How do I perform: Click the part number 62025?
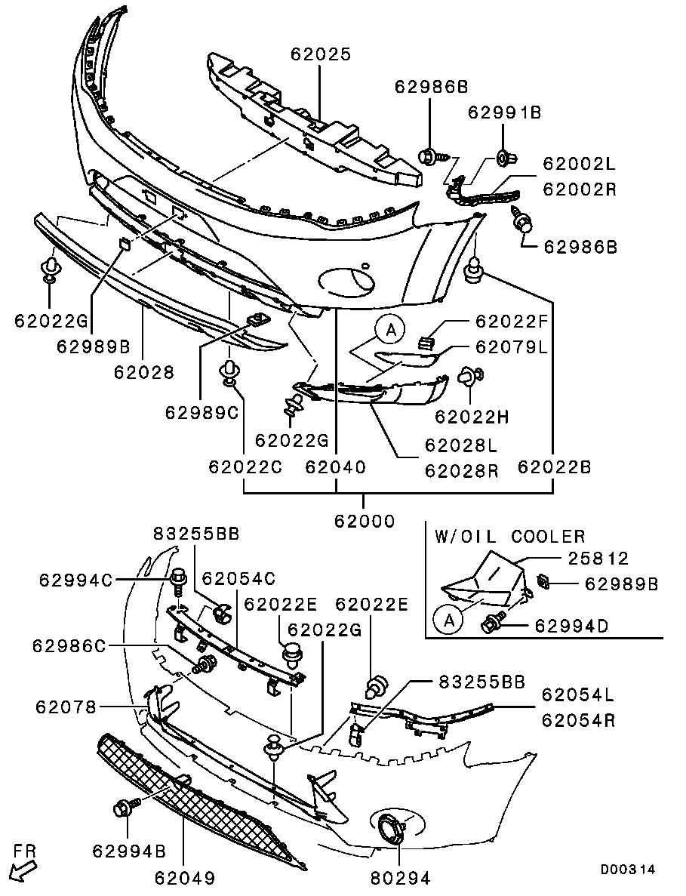321,54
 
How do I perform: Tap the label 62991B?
504,112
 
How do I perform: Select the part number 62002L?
579,164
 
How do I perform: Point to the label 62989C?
201,412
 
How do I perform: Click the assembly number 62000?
365,521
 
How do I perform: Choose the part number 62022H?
472,417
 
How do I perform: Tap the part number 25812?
598,558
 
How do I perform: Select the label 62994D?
571,626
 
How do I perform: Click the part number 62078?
66,707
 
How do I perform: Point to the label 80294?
400,877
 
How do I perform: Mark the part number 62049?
184,877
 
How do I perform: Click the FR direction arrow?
23,871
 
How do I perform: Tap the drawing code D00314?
627,870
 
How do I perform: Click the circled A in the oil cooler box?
449,620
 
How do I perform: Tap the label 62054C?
238,579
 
